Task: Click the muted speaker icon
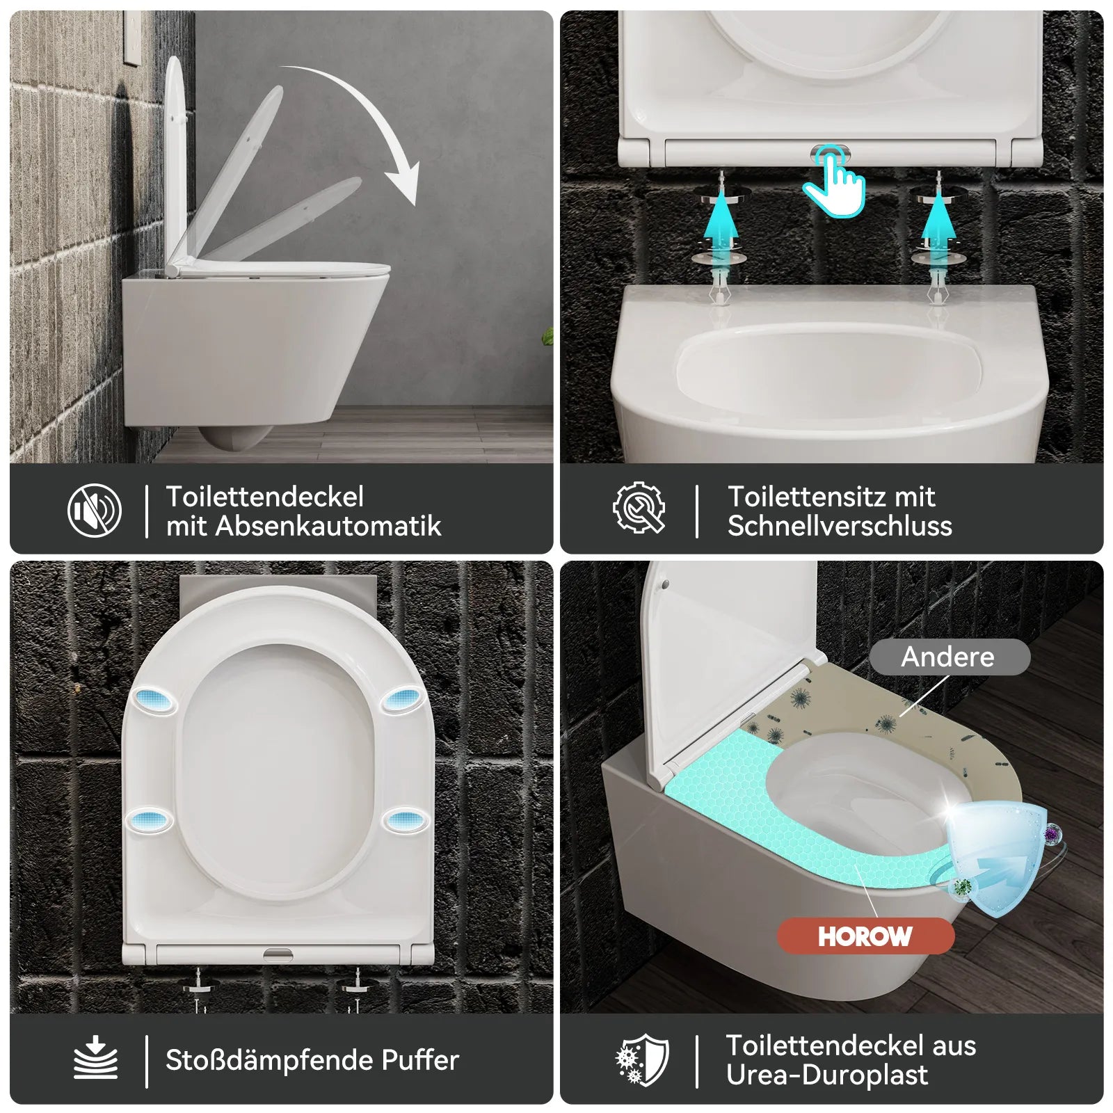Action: (x=95, y=511)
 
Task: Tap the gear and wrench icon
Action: (x=639, y=508)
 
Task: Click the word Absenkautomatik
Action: (x=328, y=526)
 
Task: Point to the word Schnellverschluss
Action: (x=840, y=526)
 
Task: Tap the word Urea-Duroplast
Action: (x=827, y=1075)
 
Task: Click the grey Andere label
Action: (x=949, y=657)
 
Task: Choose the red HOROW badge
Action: (x=865, y=936)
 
